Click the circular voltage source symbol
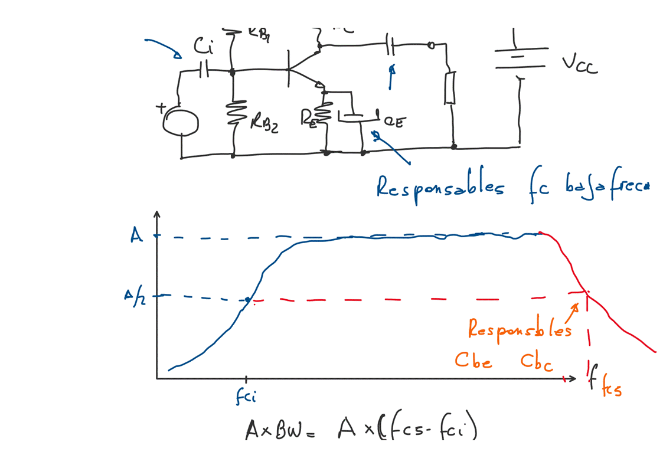[x=182, y=122]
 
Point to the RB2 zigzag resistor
[x=234, y=113]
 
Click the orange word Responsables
[x=520, y=328]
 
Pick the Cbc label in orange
[x=537, y=362]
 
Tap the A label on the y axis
[x=136, y=235]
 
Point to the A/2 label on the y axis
[x=133, y=296]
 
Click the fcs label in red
[x=610, y=389]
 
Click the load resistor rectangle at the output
[x=450, y=88]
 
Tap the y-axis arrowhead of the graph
[x=156, y=213]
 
